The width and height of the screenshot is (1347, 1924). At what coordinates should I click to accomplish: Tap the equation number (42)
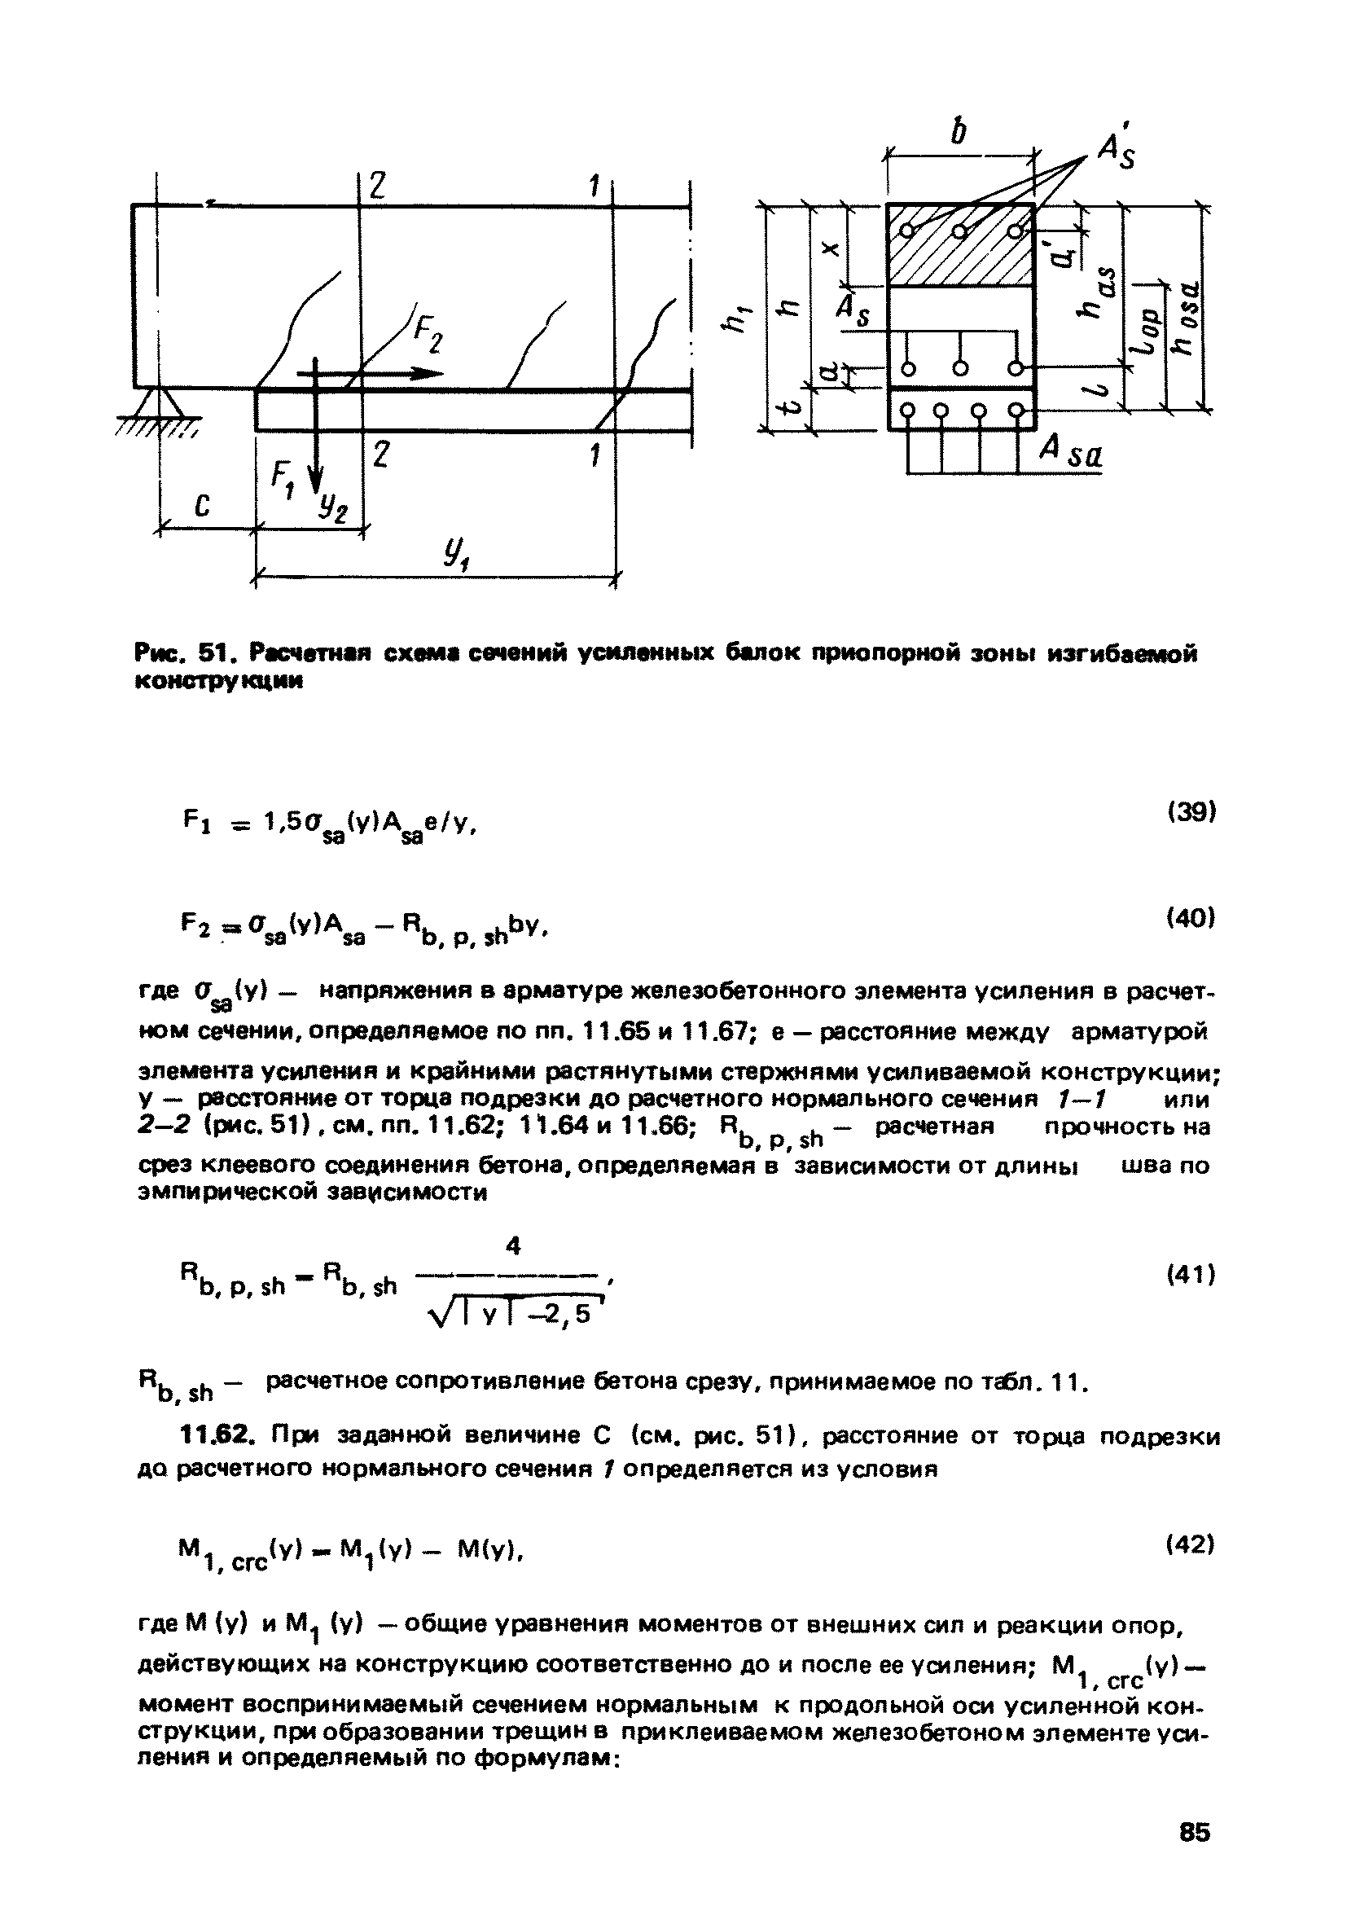[x=1191, y=1544]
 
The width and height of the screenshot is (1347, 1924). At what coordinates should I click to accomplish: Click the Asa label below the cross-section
[x=1071, y=456]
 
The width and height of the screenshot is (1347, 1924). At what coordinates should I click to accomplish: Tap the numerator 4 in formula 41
[x=515, y=1247]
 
